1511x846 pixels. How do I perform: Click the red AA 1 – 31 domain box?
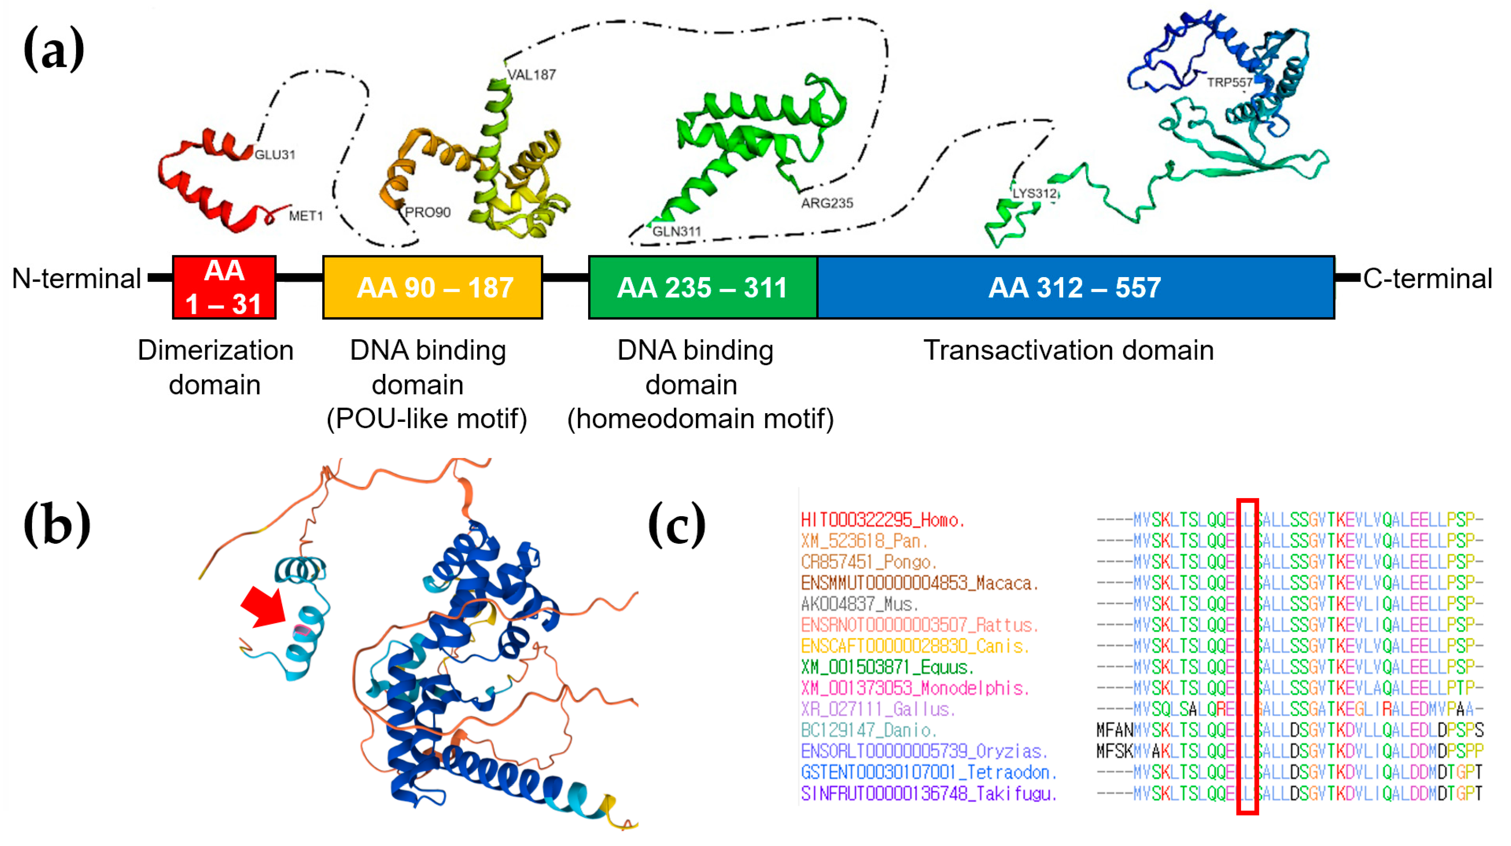(224, 287)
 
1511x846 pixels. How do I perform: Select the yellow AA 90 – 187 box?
(432, 287)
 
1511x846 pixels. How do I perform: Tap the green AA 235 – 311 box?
(702, 287)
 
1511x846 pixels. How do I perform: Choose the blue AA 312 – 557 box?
(1075, 287)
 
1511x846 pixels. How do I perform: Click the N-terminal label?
(76, 279)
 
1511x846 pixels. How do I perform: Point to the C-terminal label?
(1427, 279)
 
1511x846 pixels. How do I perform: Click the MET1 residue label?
(306, 216)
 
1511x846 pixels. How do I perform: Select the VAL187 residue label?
(531, 74)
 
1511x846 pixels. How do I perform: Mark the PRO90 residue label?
(428, 212)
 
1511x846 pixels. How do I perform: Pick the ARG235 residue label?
(827, 203)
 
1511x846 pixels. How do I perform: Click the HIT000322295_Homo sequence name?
(883, 519)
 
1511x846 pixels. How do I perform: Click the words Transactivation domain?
(1068, 350)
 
